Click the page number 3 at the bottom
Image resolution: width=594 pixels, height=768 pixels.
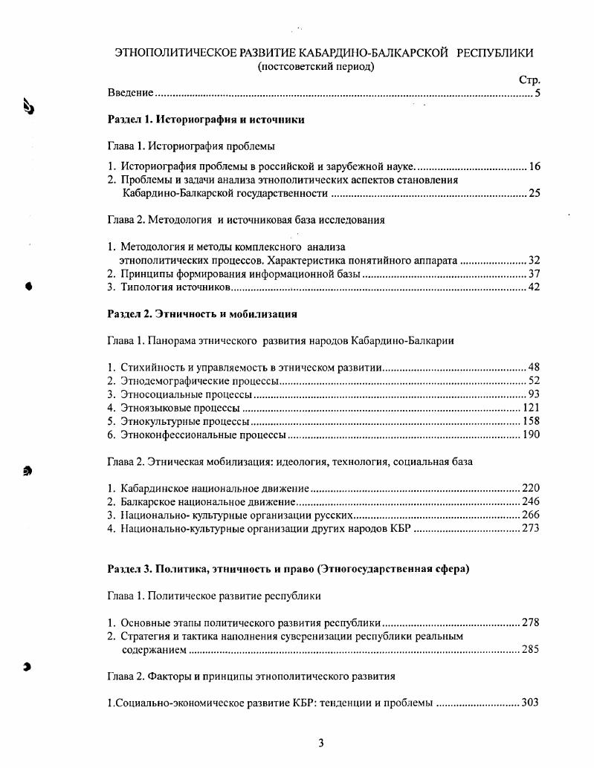[x=320, y=742]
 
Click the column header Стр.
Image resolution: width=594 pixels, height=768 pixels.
[x=529, y=79]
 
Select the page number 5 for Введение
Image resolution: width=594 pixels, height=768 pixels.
[x=537, y=93]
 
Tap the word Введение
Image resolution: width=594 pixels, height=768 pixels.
[x=130, y=93]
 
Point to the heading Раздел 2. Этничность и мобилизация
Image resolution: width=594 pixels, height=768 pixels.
[x=202, y=313]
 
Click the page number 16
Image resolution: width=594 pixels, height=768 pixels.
[x=534, y=166]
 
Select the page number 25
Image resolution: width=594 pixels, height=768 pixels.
[x=534, y=193]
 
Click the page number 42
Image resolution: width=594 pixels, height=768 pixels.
[x=534, y=287]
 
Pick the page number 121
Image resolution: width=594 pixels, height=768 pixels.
[x=531, y=407]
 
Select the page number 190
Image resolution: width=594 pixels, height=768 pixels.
[x=531, y=434]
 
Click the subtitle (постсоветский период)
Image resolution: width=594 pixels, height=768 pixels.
[x=315, y=66]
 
